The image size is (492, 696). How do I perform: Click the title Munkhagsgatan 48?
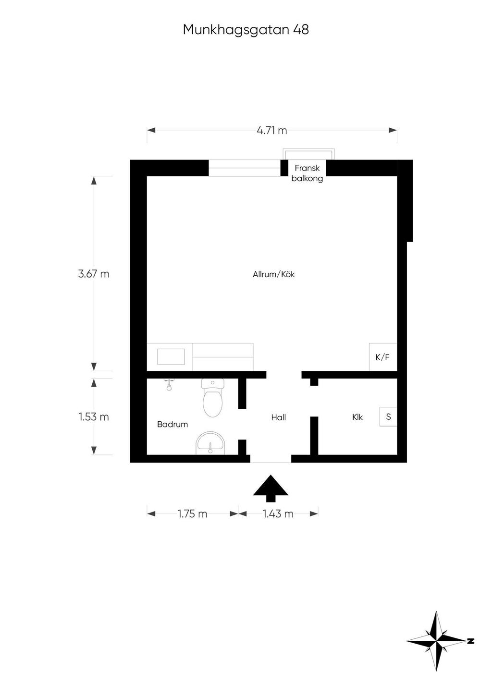click(x=246, y=30)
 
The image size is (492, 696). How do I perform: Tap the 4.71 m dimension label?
click(x=272, y=130)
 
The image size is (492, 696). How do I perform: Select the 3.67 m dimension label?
click(x=94, y=274)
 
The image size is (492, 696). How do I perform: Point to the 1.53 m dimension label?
click(x=94, y=416)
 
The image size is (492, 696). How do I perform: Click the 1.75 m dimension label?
click(x=192, y=513)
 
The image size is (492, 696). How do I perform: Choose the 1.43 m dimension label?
click(x=278, y=513)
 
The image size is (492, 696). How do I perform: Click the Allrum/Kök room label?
click(x=273, y=274)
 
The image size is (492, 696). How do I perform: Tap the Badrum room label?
click(x=172, y=424)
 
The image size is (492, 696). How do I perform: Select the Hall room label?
click(x=278, y=417)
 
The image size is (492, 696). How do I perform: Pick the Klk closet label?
click(x=357, y=417)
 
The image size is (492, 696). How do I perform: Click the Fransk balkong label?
click(x=307, y=173)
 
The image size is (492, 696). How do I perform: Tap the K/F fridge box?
click(x=382, y=357)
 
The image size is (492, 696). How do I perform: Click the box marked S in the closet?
click(x=388, y=416)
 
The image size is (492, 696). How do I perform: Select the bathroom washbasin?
click(x=210, y=443)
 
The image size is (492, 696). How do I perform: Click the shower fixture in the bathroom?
click(x=169, y=384)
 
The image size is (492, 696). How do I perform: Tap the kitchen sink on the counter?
click(x=171, y=356)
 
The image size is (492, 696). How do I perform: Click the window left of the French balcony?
click(x=244, y=168)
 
